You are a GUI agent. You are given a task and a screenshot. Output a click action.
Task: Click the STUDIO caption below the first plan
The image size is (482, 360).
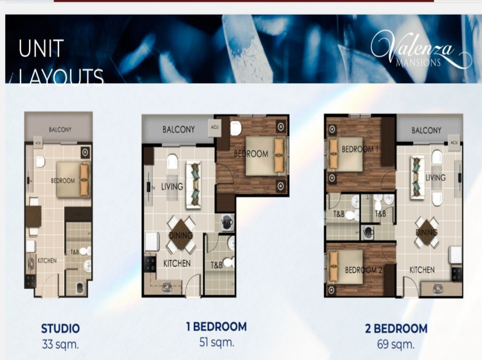(60, 328)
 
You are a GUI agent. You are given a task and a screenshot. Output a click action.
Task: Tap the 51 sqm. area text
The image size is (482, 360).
(217, 342)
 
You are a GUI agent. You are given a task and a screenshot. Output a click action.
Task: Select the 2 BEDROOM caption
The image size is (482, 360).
(396, 328)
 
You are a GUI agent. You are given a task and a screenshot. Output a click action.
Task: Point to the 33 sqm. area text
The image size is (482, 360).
(60, 344)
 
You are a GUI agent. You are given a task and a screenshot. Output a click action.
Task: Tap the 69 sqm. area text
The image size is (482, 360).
(396, 344)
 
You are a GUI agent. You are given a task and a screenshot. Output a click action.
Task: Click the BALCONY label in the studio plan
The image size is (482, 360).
(60, 129)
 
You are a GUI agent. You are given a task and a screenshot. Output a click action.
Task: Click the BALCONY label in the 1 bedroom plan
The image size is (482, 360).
(178, 129)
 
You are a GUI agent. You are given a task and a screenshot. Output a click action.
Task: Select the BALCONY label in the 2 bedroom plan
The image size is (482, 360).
(426, 130)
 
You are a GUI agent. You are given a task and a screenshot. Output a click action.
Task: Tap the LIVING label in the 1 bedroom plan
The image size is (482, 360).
(172, 186)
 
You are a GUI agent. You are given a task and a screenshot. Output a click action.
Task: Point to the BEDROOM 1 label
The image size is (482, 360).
(360, 149)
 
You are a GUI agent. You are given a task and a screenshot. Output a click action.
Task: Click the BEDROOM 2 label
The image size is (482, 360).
(363, 270)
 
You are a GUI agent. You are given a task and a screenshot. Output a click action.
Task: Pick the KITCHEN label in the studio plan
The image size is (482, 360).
(47, 261)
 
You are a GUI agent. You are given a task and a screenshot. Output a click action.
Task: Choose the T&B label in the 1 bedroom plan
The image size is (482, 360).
(217, 265)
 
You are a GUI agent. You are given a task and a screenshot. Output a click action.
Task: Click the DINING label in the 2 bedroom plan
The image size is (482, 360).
(426, 233)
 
